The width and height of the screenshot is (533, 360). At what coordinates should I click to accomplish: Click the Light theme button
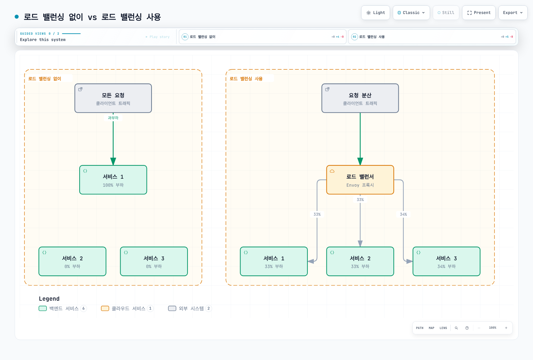375,13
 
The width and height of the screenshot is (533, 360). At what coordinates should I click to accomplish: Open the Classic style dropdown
411,13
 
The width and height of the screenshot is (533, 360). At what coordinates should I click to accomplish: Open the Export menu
513,13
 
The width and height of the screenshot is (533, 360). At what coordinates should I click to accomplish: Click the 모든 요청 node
113,98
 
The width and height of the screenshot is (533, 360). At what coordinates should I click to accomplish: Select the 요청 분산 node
360,98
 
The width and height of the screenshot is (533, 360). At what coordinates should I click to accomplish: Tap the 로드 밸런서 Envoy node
360,180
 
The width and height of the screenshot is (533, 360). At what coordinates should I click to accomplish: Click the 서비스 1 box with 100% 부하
113,180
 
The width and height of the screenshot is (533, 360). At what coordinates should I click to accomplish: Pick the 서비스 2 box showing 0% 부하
72,261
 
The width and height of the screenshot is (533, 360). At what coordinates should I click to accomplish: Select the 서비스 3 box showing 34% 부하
446,261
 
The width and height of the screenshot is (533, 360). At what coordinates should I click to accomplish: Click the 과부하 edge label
113,118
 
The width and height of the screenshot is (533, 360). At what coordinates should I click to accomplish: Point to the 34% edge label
403,214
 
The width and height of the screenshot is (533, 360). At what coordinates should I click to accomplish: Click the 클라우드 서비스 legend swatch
105,308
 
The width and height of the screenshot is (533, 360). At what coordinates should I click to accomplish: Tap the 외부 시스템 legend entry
190,308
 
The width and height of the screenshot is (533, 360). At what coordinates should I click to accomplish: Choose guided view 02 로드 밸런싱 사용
432,37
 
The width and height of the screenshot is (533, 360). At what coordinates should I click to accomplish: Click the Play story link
158,37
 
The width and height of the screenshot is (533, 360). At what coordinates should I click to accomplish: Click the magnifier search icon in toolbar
456,328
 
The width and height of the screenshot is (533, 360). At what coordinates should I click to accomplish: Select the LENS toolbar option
443,328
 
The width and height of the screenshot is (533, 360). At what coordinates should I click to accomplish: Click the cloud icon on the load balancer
332,171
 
